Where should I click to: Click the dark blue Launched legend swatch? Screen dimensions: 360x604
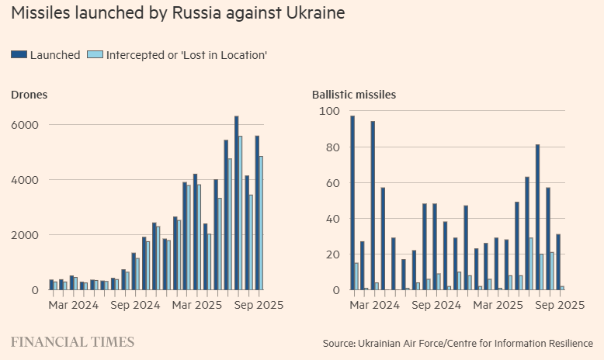pos(19,54)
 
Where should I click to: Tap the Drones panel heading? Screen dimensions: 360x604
pos(29,95)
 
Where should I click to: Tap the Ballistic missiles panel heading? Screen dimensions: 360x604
pos(354,95)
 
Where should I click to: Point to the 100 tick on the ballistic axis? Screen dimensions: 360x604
pos(329,112)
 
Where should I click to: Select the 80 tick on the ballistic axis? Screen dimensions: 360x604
pos(332,147)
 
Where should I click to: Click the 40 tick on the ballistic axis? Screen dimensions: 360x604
pos(332,219)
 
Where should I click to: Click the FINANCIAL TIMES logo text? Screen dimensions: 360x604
pos(72,342)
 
